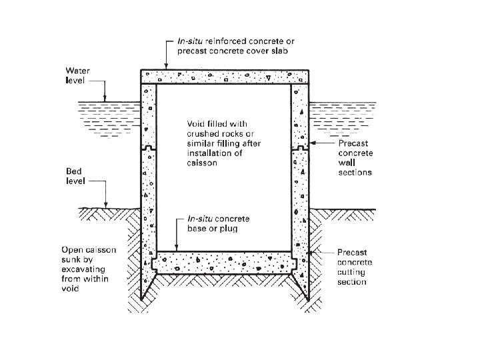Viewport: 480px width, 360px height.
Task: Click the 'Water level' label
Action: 77,75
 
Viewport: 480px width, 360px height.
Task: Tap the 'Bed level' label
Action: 75,176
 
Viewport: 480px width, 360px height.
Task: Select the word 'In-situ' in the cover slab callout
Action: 190,41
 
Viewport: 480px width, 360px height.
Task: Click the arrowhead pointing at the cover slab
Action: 166,66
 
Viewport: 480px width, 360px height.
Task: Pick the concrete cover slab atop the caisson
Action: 225,77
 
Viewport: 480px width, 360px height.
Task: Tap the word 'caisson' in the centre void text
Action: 202,163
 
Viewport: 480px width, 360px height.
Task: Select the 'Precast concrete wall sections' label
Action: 355,157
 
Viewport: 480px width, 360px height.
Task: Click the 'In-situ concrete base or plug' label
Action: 218,224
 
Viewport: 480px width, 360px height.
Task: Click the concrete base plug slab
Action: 225,263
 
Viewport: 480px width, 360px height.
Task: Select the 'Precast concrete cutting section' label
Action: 355,267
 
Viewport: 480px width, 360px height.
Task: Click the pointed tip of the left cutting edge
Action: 141,299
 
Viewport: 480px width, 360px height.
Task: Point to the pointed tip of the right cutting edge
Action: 308,299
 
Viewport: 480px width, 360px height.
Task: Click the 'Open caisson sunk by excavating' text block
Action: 89,269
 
